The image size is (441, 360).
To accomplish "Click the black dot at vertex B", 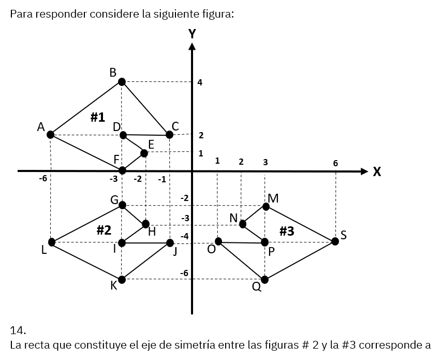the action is [122, 82].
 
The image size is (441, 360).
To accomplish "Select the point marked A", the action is [50, 135].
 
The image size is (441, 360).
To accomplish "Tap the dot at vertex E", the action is [144, 153].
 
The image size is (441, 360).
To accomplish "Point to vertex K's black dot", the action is [122, 280].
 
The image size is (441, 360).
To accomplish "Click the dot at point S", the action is [335, 241].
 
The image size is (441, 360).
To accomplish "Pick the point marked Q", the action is [264, 280].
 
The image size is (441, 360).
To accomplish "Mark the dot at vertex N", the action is [243, 224].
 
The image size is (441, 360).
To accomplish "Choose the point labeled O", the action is [218, 241].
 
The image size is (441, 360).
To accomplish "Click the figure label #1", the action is [98, 117].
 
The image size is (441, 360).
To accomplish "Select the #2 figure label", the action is [104, 230].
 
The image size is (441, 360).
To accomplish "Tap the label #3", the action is [287, 231].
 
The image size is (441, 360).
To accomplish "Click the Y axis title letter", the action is [192, 34].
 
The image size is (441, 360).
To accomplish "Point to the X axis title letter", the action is [377, 171].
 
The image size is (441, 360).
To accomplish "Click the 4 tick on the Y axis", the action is [200, 82].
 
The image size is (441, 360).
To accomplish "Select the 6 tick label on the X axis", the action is [335, 163].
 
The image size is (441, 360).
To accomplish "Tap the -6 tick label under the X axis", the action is [43, 179].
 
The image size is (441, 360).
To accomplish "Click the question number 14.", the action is [18, 330].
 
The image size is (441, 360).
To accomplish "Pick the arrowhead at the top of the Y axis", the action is [192, 47].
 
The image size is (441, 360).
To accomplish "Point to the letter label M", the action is [273, 198].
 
